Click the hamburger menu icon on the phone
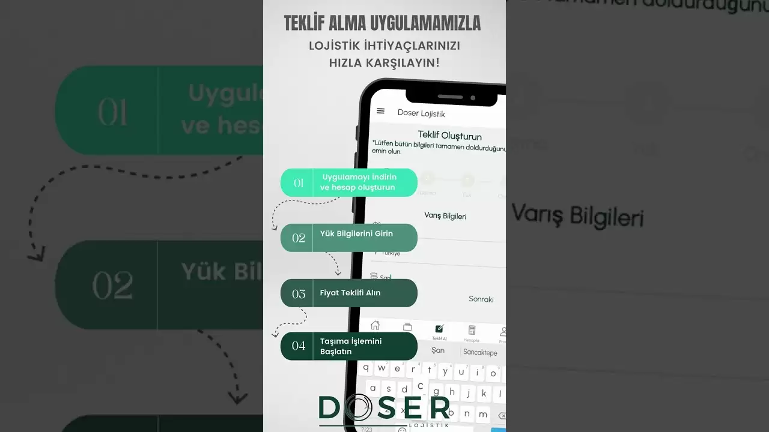tap(380, 111)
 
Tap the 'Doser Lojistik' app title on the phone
tap(421, 113)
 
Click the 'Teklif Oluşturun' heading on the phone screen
tap(450, 136)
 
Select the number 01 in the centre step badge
tap(299, 183)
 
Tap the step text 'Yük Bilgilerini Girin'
tap(356, 233)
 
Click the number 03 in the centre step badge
tap(299, 294)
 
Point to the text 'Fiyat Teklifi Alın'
tap(350, 293)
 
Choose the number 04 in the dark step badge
tap(299, 346)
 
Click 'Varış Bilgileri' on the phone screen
tap(445, 216)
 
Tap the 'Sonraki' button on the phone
tap(481, 299)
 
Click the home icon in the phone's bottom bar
tap(375, 325)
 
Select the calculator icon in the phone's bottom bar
tap(472, 330)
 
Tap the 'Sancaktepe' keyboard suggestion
tap(480, 352)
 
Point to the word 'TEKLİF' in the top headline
tap(304, 23)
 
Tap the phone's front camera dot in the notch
tap(473, 98)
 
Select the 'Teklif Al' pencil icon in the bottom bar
tap(439, 329)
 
